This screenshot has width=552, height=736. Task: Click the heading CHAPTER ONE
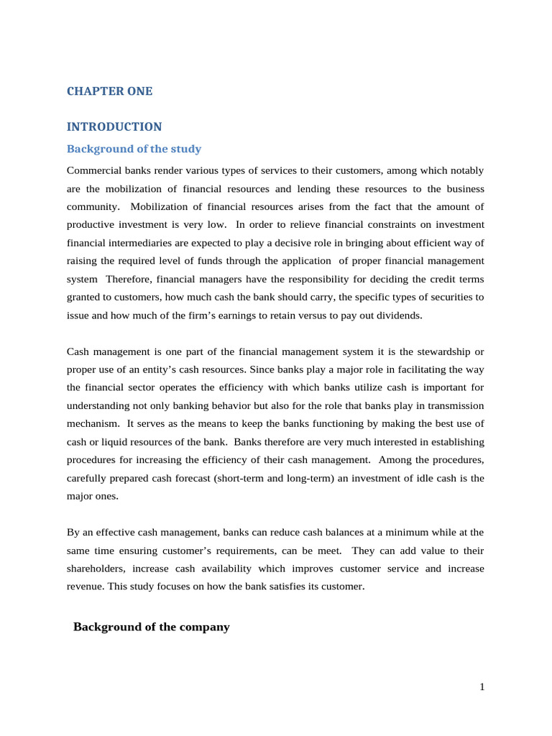tap(109, 91)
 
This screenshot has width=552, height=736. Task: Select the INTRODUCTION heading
tap(114, 126)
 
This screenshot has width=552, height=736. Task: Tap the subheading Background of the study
tap(134, 149)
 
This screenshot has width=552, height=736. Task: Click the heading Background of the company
tap(151, 627)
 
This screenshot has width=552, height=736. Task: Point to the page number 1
tap(482, 687)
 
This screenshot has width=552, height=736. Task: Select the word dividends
tap(396, 314)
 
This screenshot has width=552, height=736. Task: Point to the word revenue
tap(85, 586)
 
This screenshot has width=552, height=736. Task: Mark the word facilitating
tap(425, 369)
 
